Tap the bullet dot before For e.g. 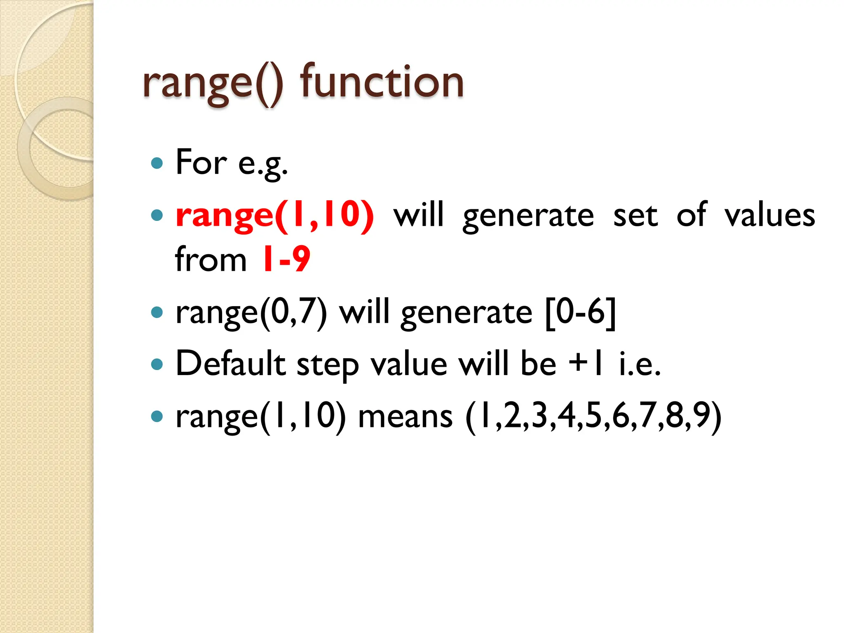tap(157, 163)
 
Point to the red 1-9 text tap(286, 259)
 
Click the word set tap(635, 215)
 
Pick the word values tap(769, 215)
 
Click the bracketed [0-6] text tap(580, 312)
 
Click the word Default tap(230, 363)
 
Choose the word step tap(328, 365)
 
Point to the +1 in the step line tap(586, 363)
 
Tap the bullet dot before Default tap(157, 364)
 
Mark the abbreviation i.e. tap(640, 364)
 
